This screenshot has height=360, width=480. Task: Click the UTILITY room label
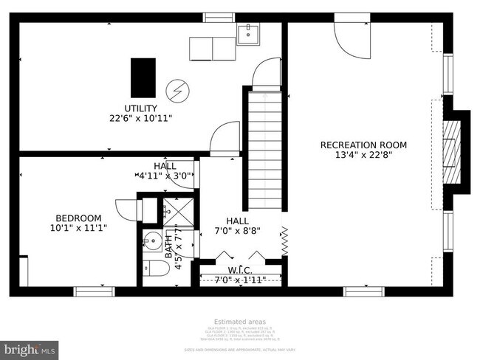(140, 108)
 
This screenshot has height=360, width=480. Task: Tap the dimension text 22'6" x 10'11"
(140, 118)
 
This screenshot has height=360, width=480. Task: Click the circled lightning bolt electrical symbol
(177, 90)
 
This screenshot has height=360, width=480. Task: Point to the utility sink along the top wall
(249, 34)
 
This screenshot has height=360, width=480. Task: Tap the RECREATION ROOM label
(363, 145)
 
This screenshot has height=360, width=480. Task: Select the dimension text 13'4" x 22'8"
(363, 155)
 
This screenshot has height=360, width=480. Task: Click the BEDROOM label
(78, 218)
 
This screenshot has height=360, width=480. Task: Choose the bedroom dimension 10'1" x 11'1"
(78, 228)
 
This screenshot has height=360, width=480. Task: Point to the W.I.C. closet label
(240, 270)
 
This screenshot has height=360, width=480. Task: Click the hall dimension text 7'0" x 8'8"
(237, 230)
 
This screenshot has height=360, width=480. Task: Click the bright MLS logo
(30, 347)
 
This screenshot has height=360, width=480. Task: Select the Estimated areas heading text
(240, 322)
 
